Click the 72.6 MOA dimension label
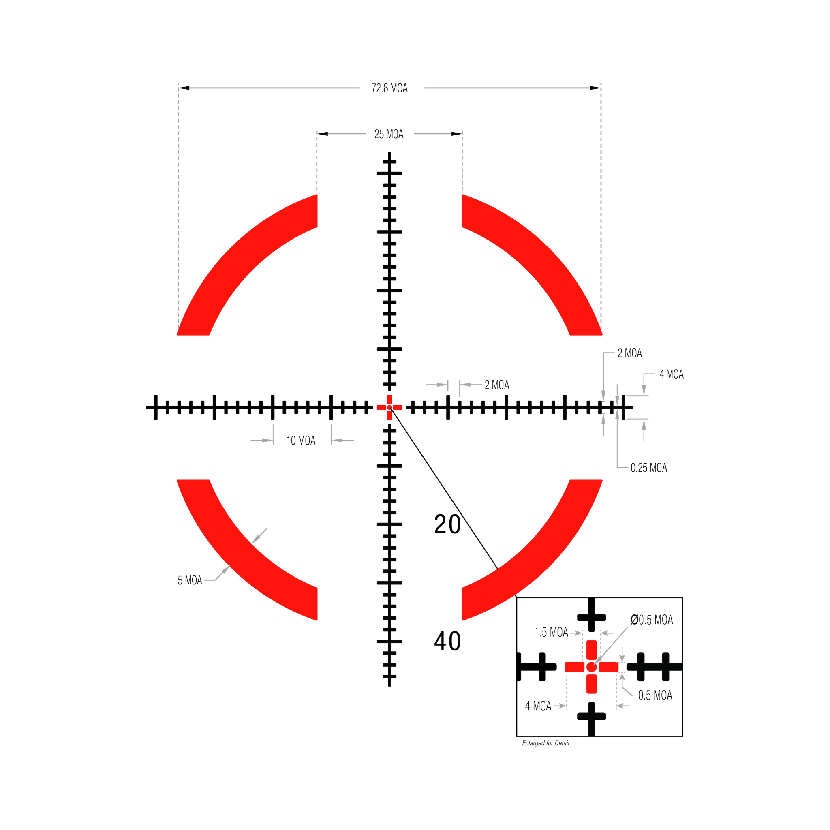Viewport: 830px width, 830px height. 389,88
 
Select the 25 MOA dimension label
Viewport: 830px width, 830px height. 389,134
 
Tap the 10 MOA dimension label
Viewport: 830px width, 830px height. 301,441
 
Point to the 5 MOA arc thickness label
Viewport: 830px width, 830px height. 189,580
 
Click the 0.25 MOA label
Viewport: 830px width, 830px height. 649,467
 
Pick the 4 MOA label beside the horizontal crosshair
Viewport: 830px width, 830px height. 672,374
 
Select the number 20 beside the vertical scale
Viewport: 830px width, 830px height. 447,524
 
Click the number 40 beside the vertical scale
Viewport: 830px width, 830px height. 447,641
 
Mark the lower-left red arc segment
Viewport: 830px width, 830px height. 241,554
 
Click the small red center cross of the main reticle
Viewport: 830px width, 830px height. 389,407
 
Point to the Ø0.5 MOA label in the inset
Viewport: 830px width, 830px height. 652,620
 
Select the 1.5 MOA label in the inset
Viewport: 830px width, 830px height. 551,632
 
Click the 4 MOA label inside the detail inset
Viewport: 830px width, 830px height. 538,706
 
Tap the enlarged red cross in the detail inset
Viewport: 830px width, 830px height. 592,667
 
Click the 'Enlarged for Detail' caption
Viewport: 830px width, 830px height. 545,743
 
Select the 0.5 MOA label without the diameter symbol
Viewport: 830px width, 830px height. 655,695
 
